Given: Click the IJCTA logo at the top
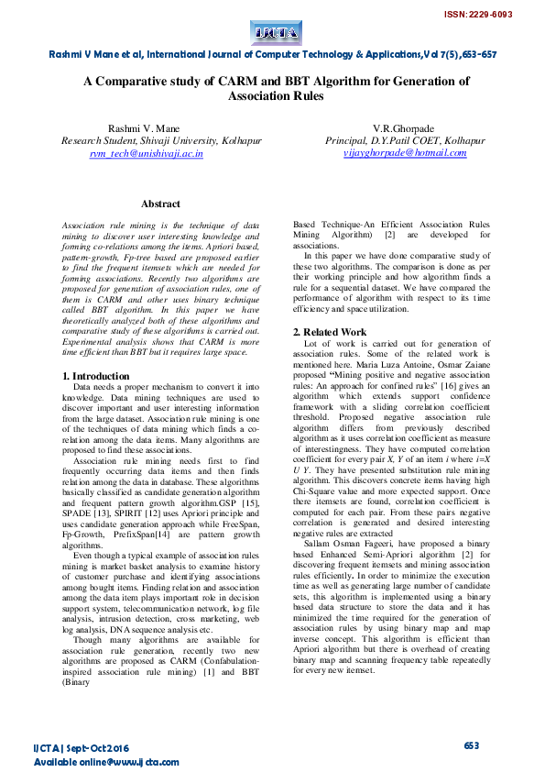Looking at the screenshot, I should (x=276, y=34).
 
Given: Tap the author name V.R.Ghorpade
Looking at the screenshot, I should (x=405, y=127).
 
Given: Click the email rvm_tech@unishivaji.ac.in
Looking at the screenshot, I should (x=146, y=153).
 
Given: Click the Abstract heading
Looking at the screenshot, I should (x=160, y=204).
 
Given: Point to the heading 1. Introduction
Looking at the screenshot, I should (x=95, y=376).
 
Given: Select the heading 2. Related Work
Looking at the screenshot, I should (x=329, y=331).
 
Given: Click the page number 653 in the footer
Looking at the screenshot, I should (x=472, y=746).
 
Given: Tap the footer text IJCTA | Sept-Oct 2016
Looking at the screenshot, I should (x=81, y=748).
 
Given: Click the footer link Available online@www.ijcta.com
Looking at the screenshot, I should (x=106, y=762).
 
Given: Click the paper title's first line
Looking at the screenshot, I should (x=276, y=81).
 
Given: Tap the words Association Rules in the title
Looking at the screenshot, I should (x=276, y=95).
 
